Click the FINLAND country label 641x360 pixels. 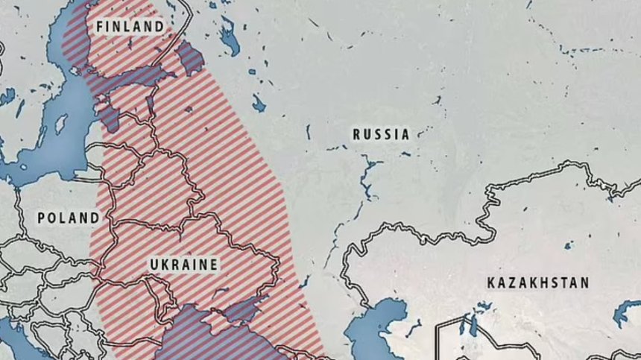click(130, 26)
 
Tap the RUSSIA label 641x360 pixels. click(381, 135)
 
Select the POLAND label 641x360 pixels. click(69, 218)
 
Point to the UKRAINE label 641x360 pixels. click(183, 265)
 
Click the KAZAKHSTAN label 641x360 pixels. click(537, 283)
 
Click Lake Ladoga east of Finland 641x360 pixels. click(191, 57)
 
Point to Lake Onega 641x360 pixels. click(228, 34)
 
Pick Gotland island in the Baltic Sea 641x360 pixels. click(60, 124)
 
